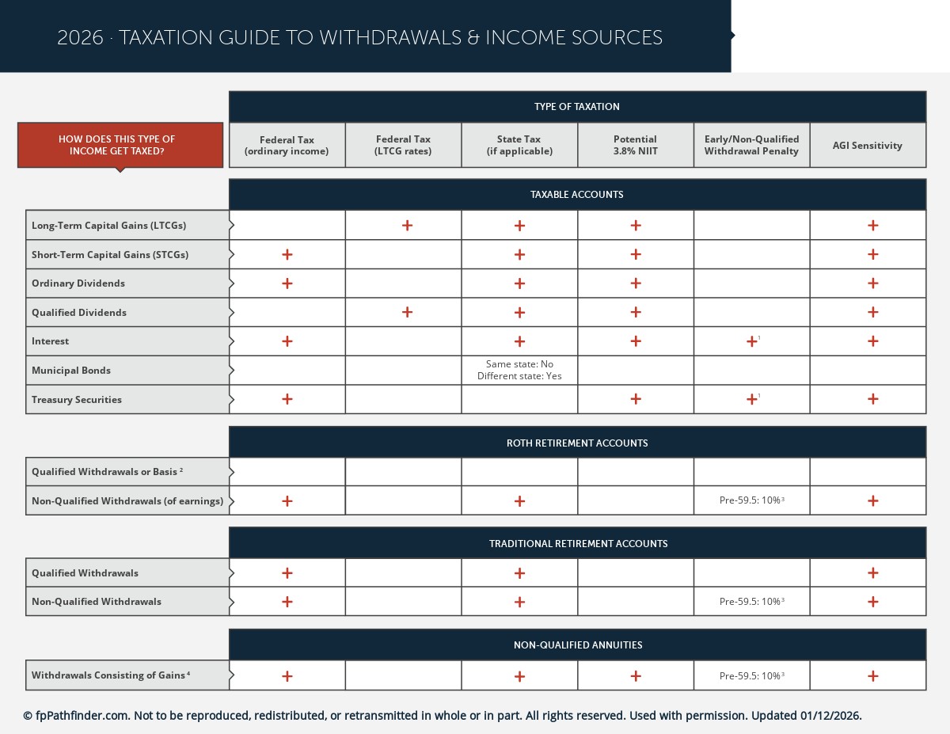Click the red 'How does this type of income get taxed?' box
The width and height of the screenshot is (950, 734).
[120, 145]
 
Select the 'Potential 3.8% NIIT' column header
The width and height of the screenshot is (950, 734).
[635, 145]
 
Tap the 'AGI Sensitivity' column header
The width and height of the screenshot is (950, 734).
[867, 146]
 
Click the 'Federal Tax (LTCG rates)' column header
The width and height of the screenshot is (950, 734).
[403, 145]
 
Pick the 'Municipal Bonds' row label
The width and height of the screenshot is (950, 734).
[71, 371]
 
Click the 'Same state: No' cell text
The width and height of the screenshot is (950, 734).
[519, 364]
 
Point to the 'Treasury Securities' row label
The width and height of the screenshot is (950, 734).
[77, 400]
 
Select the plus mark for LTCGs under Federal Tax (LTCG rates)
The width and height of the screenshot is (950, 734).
[407, 226]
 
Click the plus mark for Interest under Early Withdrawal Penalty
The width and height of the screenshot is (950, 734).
[751, 342]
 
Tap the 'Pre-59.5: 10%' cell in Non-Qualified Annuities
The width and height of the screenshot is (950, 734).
[750, 676]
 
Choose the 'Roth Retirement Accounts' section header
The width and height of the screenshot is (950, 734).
[577, 443]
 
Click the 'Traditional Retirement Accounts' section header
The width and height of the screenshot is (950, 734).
[578, 544]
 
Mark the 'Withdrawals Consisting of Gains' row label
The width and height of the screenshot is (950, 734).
[109, 675]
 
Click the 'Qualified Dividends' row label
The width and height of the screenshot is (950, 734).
[79, 313]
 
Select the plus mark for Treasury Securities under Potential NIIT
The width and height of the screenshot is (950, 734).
[635, 400]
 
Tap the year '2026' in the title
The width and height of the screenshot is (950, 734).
[80, 38]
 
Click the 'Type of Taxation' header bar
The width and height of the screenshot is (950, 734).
[577, 107]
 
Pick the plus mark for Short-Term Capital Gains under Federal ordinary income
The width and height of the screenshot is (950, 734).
[287, 255]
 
